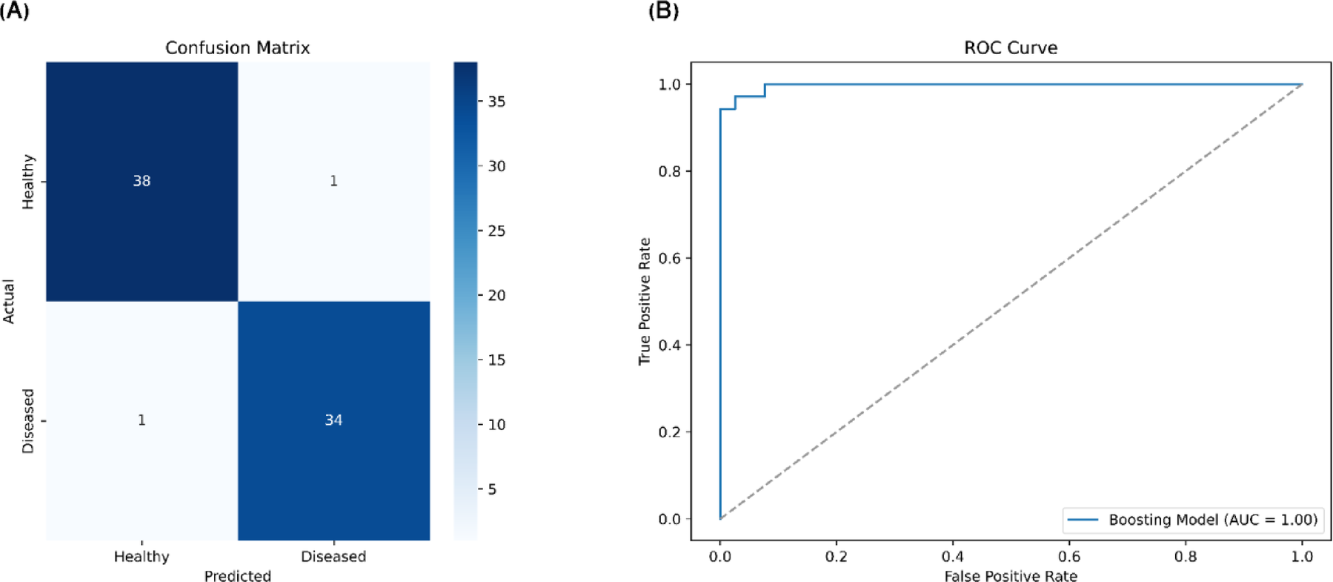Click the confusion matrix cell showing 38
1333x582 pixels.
point(142,181)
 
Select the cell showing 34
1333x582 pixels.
point(333,420)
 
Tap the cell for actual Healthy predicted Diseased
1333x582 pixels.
point(333,181)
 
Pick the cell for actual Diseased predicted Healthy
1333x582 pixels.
point(142,420)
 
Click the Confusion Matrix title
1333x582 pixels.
point(237,48)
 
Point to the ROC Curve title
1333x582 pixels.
point(1010,48)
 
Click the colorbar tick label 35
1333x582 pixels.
point(496,102)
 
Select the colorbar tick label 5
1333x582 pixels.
point(492,489)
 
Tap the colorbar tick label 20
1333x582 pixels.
point(496,295)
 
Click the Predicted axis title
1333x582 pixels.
point(237,576)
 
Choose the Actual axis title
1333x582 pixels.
point(9,301)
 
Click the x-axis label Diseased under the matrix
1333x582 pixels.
point(333,557)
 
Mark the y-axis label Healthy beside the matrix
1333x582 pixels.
point(28,182)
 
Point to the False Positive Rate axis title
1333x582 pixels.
point(1010,576)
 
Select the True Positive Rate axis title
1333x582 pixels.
point(644,301)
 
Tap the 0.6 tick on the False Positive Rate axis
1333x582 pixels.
point(1068,557)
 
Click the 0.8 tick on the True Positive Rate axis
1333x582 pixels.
point(669,171)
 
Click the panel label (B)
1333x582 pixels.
point(663,10)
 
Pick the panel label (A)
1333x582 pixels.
point(15,10)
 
